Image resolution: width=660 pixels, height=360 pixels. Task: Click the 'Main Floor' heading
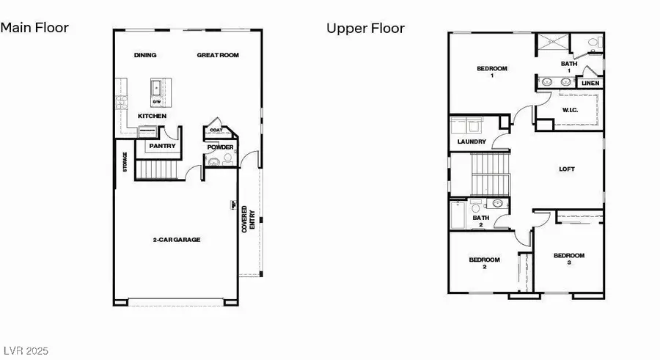click(34, 28)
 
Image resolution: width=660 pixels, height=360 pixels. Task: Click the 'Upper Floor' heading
click(365, 29)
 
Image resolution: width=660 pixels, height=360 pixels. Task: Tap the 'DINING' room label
click(145, 56)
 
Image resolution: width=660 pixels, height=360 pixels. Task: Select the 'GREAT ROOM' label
click(218, 56)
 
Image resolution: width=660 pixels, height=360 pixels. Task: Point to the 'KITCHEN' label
click(151, 117)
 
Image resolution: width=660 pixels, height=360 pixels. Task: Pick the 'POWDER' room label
click(220, 147)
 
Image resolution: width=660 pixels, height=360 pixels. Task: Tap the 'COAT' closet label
click(216, 131)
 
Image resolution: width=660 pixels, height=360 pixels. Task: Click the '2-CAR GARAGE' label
click(176, 240)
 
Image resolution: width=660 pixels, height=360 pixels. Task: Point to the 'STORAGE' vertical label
click(125, 163)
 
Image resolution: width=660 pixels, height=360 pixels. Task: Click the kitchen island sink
click(157, 87)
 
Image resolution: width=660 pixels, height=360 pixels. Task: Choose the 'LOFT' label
click(567, 169)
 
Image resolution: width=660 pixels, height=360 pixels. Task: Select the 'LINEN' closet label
click(590, 84)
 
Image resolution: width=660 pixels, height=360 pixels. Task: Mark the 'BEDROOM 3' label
click(569, 259)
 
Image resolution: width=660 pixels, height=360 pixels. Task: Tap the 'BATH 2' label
click(480, 221)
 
